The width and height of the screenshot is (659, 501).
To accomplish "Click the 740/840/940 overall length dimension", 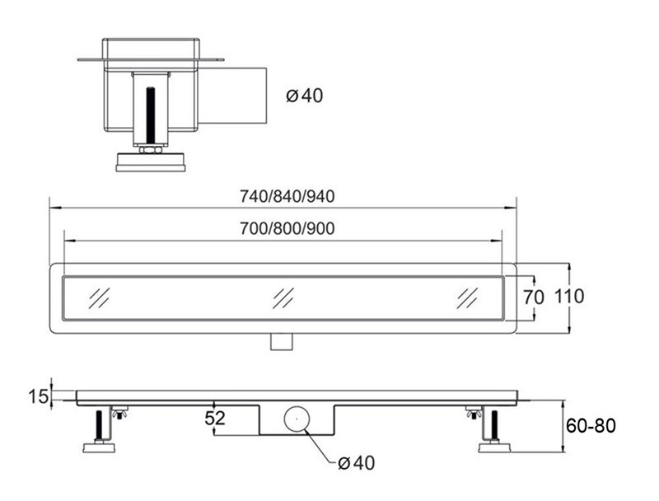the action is coord(287,196).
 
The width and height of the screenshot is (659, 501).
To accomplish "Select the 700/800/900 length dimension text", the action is coord(287,228).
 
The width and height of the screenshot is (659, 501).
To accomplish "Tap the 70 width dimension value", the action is coord(533,297).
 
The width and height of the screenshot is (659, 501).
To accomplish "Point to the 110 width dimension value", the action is coord(569,297).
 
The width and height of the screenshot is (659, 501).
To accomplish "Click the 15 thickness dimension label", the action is coord(39,396).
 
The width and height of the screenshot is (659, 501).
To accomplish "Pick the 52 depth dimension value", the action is coord(215,418).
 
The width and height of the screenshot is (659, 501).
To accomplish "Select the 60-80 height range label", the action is coord(591,426).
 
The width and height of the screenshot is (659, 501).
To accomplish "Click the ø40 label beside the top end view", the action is coord(305,96).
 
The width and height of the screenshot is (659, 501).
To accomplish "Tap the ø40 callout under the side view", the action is coord(357,463).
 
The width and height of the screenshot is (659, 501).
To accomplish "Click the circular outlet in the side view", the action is coord(297,419).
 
